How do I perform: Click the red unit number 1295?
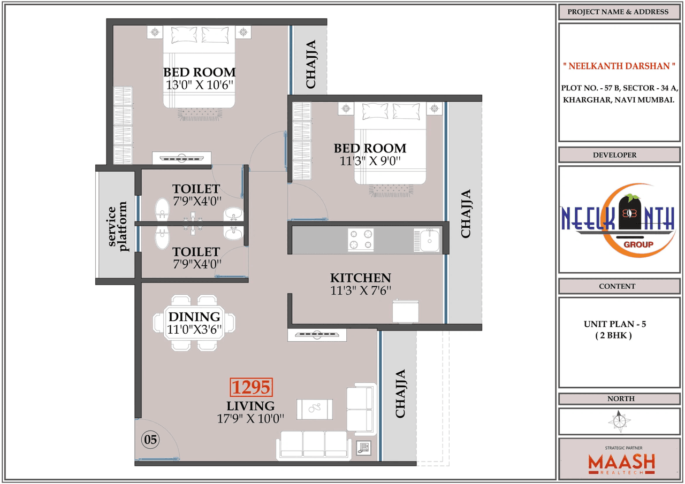[252, 387]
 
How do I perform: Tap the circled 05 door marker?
[150, 440]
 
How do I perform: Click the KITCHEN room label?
[360, 278]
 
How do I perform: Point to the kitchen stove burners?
[361, 239]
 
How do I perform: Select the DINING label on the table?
[194, 317]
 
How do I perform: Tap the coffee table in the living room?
[315, 409]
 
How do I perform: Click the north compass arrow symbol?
[619, 421]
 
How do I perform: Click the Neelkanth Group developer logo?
[618, 220]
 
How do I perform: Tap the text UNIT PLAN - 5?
[611, 324]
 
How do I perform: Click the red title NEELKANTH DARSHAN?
[618, 66]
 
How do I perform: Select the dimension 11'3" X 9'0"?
[370, 160]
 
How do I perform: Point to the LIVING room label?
[250, 406]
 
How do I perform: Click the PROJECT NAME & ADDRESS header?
[618, 12]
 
